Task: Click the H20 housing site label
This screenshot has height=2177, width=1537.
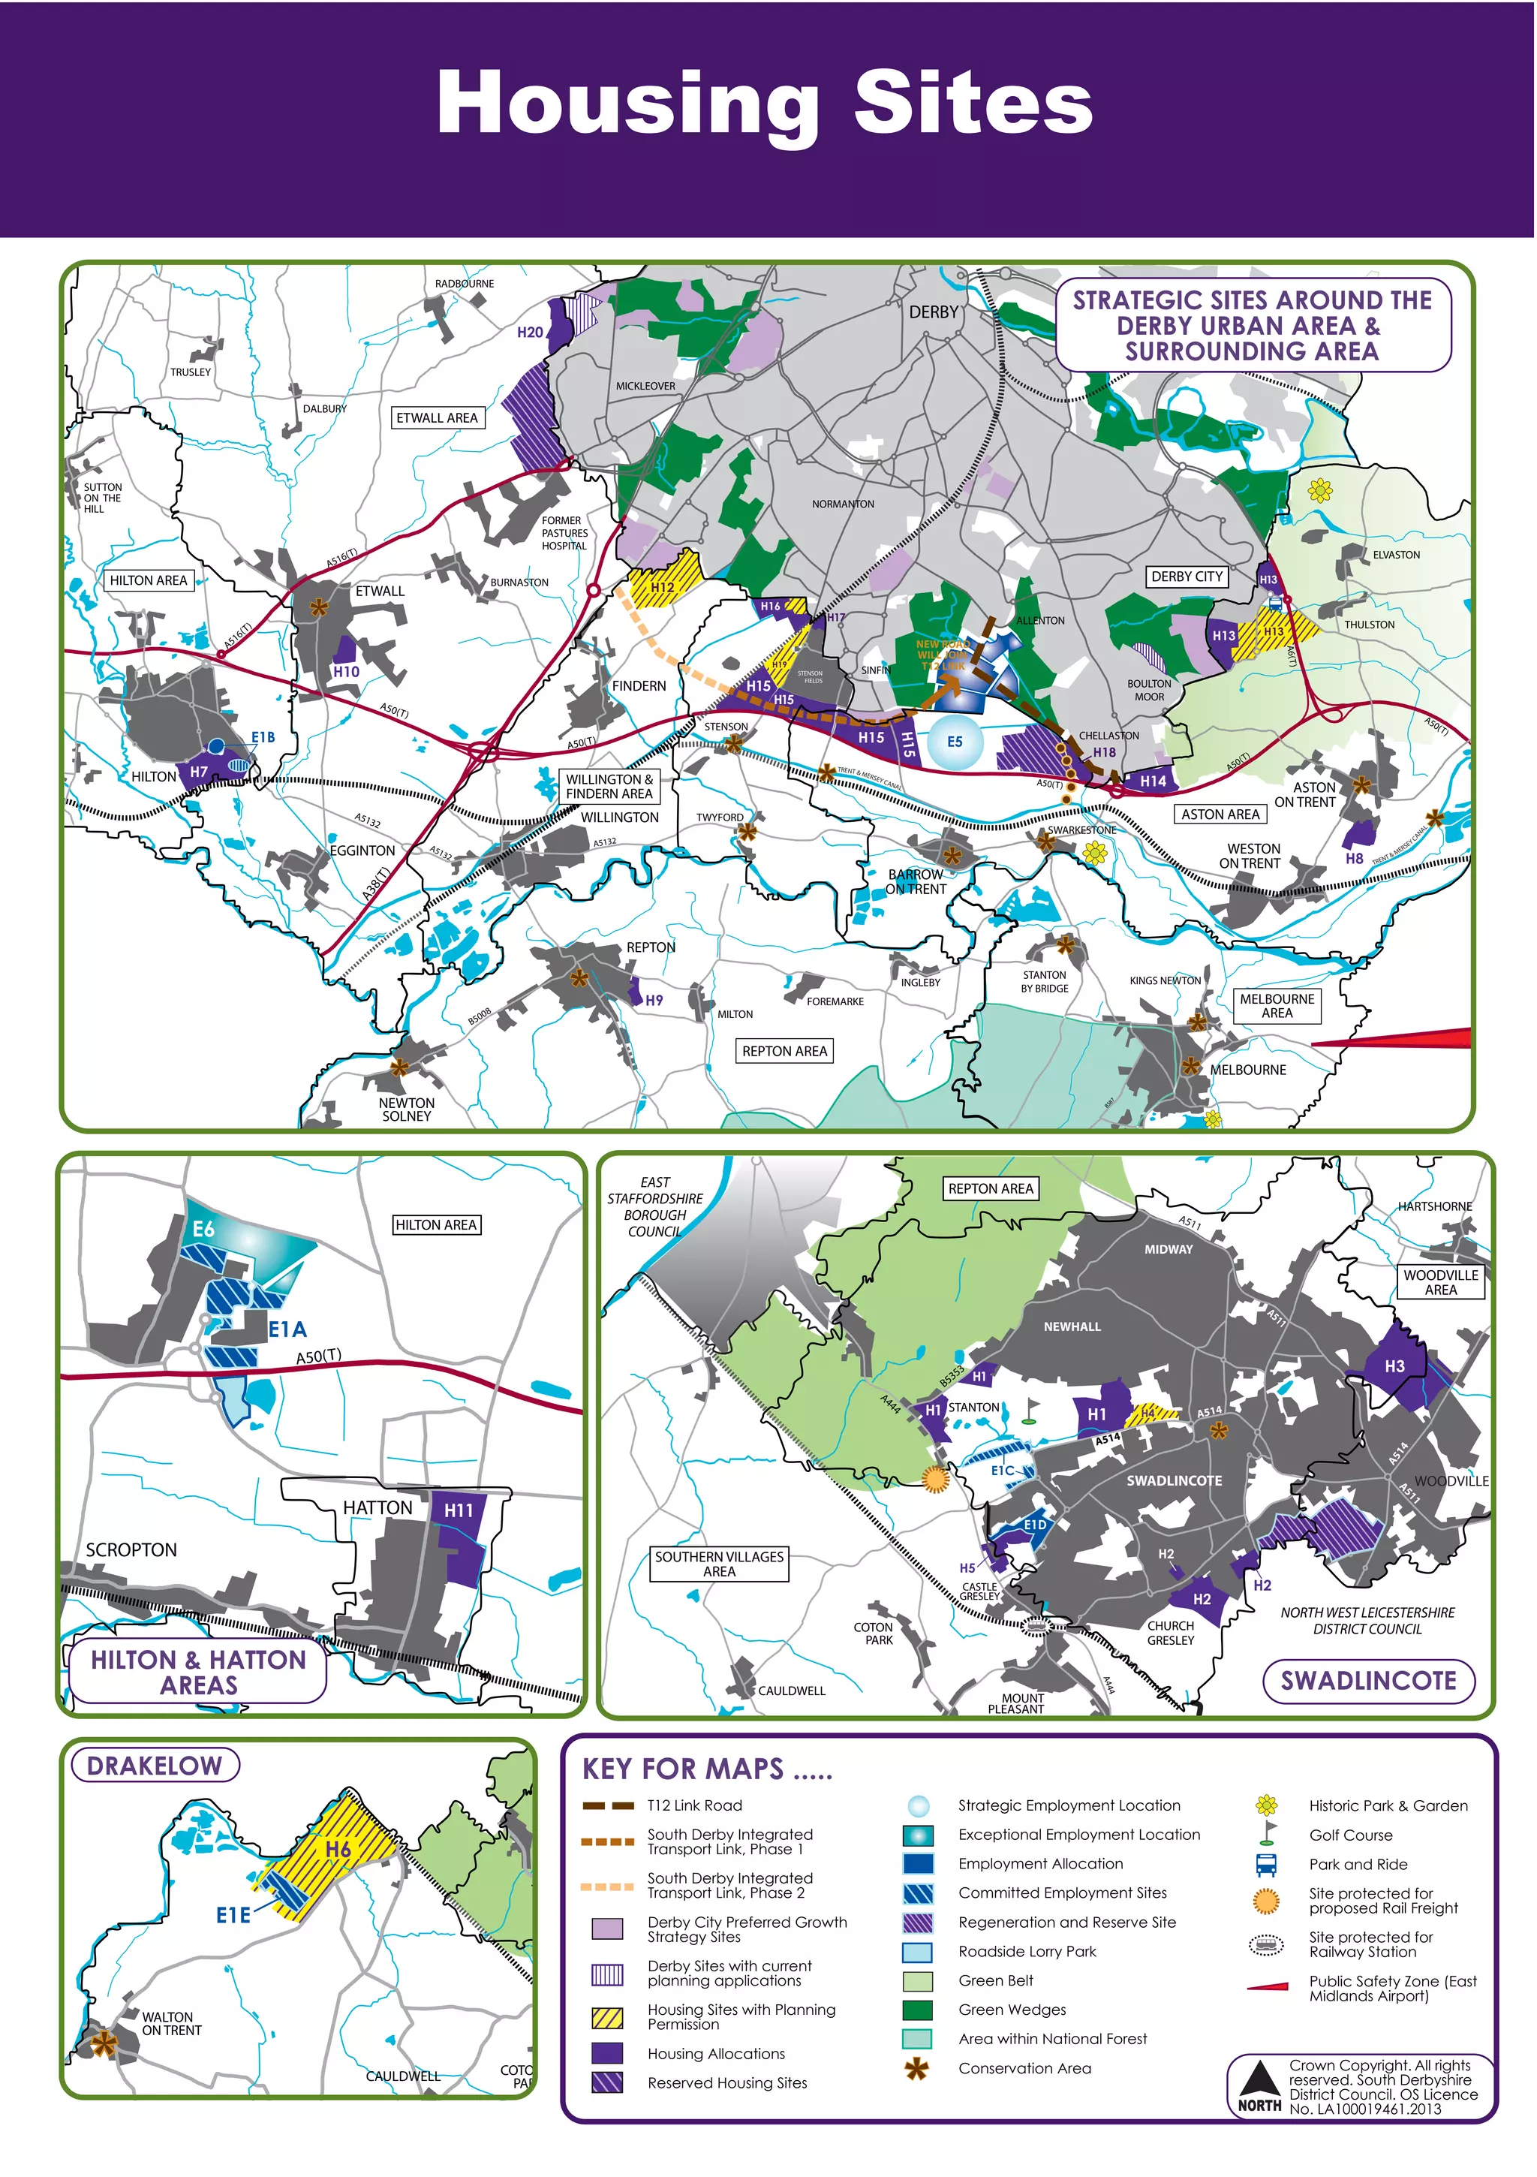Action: (x=530, y=332)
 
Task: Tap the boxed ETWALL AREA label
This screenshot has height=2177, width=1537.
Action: (x=437, y=418)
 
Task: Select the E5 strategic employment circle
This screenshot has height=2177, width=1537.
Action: (x=954, y=742)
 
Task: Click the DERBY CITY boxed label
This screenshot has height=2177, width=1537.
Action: (x=1187, y=577)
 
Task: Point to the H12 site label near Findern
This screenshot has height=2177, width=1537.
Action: (x=663, y=587)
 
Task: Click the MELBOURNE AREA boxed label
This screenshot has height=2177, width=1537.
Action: (x=1277, y=1006)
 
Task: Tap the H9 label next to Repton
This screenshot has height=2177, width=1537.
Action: (x=654, y=1001)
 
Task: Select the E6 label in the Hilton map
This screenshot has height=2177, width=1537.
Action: (x=204, y=1230)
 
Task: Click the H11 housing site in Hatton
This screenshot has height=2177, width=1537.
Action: (x=459, y=1510)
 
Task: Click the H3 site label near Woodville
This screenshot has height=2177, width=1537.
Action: (x=1394, y=1366)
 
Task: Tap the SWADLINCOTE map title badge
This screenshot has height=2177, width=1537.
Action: (x=1367, y=1681)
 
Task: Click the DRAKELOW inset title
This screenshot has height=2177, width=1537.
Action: (x=155, y=1766)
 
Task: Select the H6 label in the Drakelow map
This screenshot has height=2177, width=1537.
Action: (x=338, y=1850)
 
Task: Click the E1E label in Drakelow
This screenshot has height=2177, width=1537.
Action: (x=233, y=1915)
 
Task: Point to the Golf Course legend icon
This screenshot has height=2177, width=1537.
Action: (x=1266, y=1835)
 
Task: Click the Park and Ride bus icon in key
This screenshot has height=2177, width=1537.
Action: (x=1266, y=1864)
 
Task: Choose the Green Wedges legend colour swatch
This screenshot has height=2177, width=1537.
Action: (x=917, y=2010)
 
